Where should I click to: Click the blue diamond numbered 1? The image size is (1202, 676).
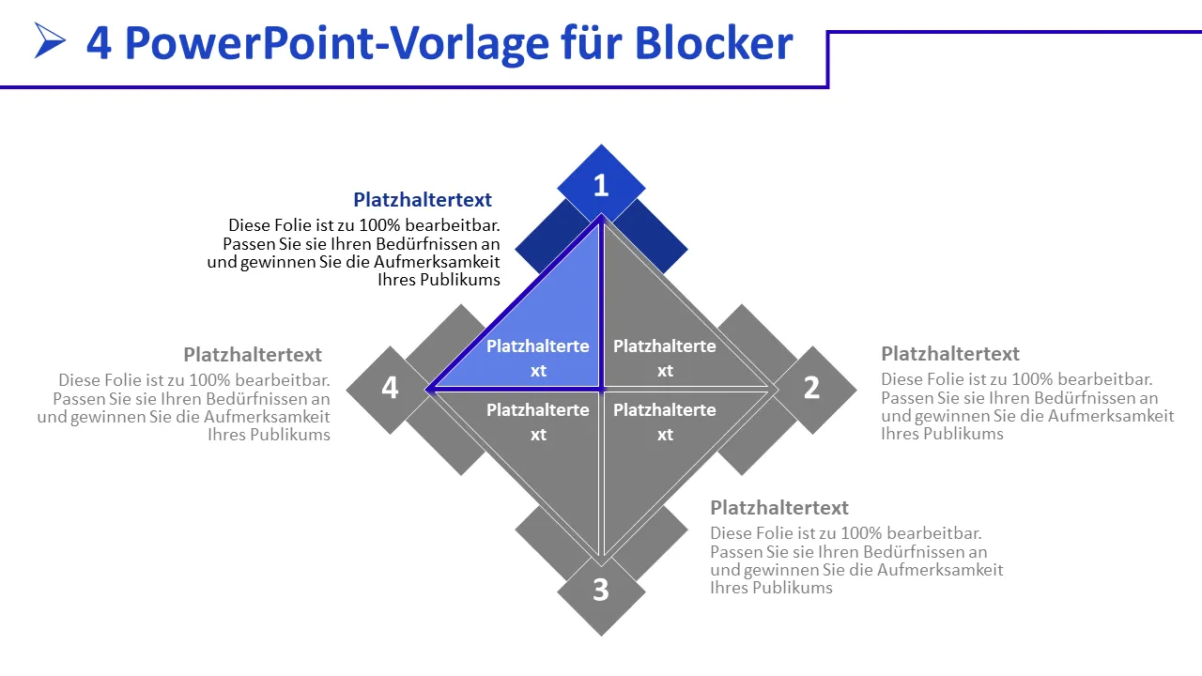click(601, 185)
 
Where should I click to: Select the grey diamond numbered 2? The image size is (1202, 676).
click(812, 388)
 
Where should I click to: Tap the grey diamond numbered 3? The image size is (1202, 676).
click(601, 591)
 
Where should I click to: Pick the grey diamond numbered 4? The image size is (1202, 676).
click(390, 388)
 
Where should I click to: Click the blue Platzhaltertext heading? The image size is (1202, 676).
click(423, 199)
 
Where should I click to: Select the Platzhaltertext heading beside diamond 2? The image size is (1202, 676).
click(950, 354)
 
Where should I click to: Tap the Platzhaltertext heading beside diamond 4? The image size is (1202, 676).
click(253, 355)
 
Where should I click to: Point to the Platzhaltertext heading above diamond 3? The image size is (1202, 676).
click(779, 508)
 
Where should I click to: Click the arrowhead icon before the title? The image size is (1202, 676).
click(50, 40)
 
